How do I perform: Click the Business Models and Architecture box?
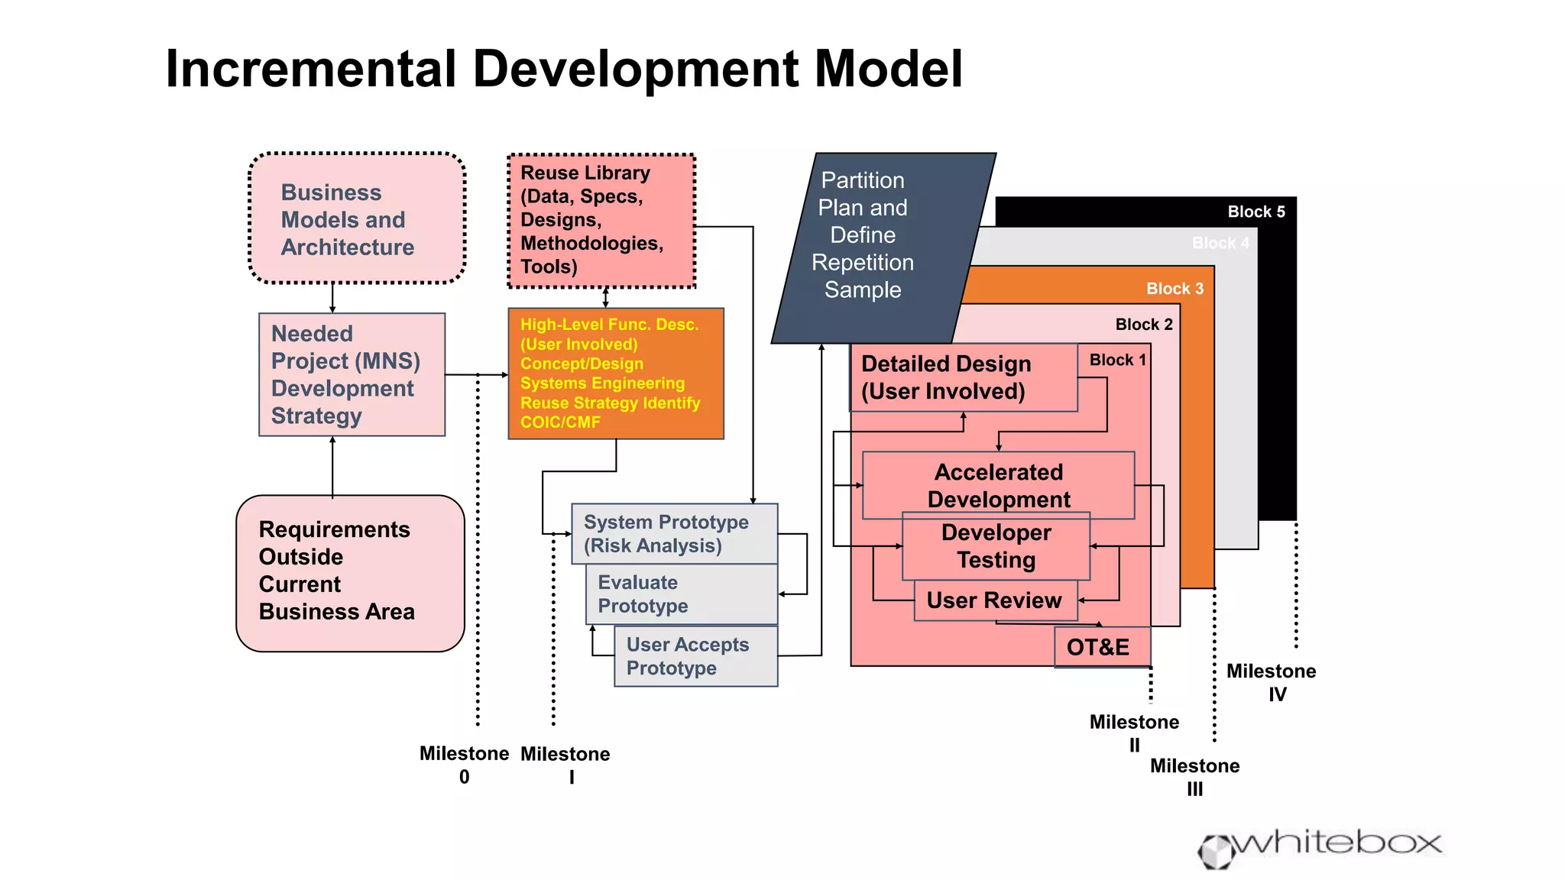(357, 219)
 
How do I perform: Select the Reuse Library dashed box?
(601, 221)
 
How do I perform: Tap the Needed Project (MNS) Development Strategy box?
(352, 374)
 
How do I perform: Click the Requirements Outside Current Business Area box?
(350, 573)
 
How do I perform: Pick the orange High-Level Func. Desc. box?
(615, 374)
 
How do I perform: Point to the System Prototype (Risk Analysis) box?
(674, 534)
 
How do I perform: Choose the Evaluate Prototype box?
(681, 594)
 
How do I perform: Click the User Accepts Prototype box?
(695, 656)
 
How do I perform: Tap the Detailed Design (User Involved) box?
(963, 377)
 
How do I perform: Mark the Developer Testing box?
(996, 547)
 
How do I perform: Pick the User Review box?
(994, 600)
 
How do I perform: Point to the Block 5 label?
(1256, 212)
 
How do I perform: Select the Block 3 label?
(1174, 289)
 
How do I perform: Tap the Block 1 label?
(1117, 360)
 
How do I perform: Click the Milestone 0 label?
(464, 765)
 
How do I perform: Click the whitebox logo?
(1320, 846)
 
